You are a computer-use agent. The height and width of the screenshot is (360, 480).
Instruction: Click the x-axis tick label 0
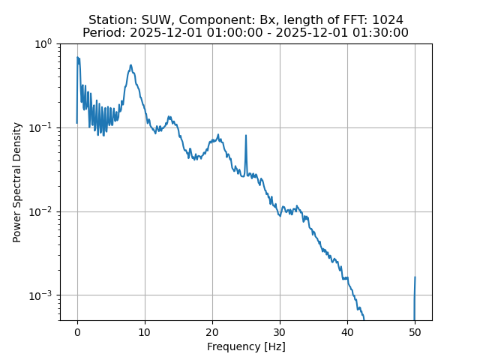pos(77,331)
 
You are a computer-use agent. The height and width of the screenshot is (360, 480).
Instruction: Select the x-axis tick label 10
pos(145,331)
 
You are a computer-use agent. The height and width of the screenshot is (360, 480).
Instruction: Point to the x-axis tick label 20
pos(212,331)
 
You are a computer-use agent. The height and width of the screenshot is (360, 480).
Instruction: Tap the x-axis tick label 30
pos(280,331)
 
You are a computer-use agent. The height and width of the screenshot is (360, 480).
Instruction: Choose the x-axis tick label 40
pos(347,331)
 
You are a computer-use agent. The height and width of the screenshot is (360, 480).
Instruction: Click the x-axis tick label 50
pos(415,331)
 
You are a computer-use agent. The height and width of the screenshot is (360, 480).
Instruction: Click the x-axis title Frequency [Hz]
pos(246,346)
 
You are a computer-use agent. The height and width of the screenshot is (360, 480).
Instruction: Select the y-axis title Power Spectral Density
pos(17,182)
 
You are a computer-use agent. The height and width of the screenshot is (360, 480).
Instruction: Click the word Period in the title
pos(101,32)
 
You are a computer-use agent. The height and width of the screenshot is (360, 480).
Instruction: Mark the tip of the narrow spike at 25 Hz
pos(246,136)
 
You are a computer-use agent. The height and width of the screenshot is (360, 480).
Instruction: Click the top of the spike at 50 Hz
pos(415,277)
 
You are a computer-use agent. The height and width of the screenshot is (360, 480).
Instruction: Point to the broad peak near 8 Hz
pos(130,65)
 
